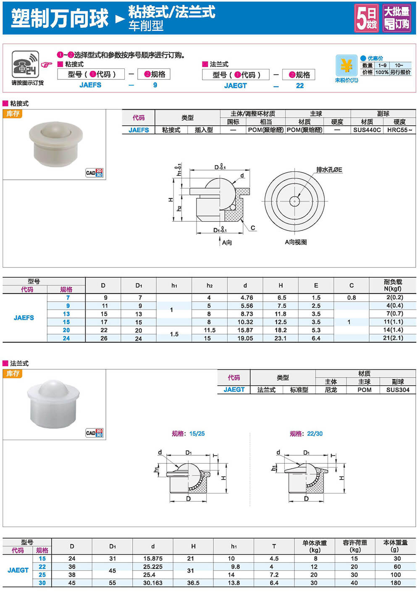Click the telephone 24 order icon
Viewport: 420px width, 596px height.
(26, 64)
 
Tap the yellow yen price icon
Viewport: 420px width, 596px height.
(346, 66)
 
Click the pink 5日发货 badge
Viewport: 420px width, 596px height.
(367, 18)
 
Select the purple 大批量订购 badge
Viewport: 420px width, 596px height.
(396, 18)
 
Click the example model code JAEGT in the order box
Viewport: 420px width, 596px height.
(235, 86)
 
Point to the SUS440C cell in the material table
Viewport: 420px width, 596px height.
(367, 130)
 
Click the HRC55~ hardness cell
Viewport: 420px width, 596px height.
(399, 130)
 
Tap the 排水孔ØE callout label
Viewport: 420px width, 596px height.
(329, 170)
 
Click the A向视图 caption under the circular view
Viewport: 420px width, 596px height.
(296, 242)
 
